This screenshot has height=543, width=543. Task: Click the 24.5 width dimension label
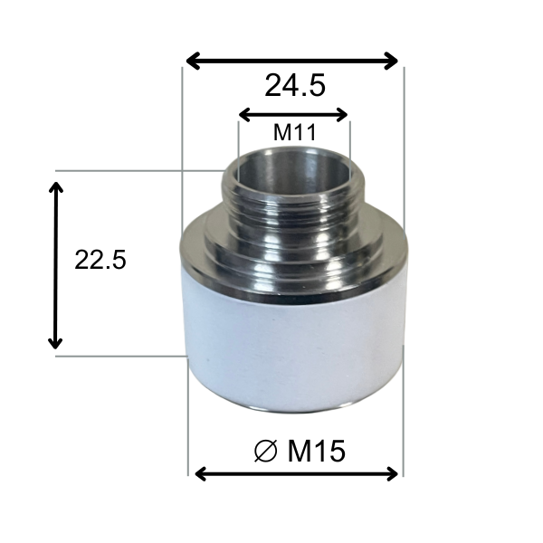point(295,85)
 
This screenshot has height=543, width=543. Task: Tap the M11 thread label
point(295,132)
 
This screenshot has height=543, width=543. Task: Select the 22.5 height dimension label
point(100,259)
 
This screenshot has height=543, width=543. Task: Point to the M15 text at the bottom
point(316,451)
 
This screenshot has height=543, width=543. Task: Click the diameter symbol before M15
point(265,451)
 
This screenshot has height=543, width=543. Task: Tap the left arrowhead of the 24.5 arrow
point(194,61)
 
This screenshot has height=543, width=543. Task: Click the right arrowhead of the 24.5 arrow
point(392,61)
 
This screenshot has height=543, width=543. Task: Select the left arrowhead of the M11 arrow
point(244,115)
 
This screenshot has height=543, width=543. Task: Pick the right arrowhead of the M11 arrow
point(342,115)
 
